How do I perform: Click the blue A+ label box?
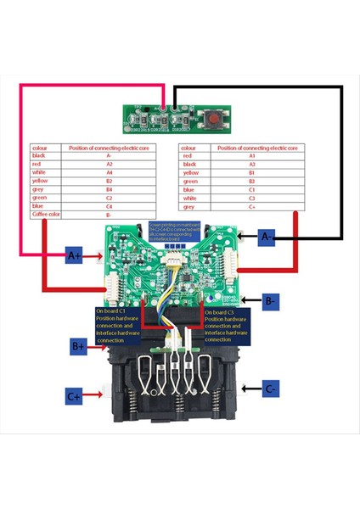point(75,255)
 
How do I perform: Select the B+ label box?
point(78,346)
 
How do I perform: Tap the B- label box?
point(268,300)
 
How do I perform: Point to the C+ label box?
point(75,394)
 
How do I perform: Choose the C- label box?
point(268,389)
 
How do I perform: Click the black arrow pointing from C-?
point(249,389)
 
